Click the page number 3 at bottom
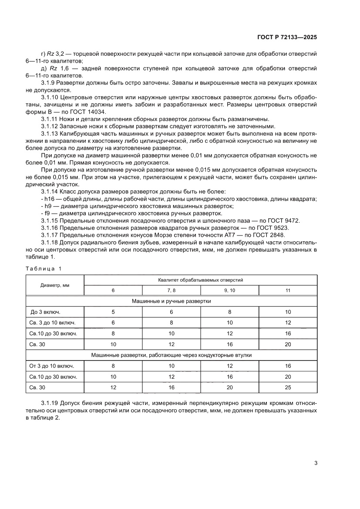[x=316, y=463]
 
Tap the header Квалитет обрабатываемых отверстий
[x=200, y=280]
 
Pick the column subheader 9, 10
[x=229, y=290]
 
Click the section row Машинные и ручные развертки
[x=172, y=301]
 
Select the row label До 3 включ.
[x=45, y=312]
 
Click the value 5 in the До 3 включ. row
[x=113, y=312]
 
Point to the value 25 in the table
[x=288, y=387]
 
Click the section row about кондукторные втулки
[x=172, y=355]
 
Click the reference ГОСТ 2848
[x=268, y=235]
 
